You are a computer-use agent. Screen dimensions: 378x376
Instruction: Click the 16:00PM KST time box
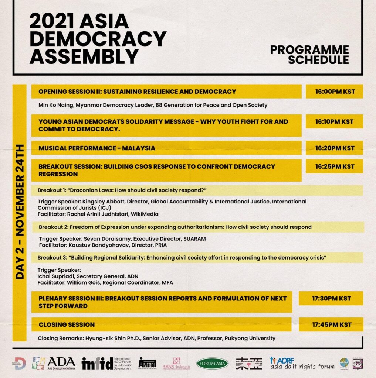(x=334, y=92)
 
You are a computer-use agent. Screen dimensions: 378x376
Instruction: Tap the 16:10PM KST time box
(x=334, y=121)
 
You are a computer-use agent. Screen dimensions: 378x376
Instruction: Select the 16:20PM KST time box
(x=334, y=148)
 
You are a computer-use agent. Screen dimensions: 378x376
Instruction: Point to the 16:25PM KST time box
(x=334, y=166)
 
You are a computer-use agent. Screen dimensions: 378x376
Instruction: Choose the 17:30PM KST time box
(x=331, y=298)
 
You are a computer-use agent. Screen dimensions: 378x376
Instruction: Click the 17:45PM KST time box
(x=331, y=324)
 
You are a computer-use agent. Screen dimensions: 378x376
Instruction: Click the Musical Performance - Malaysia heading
(x=96, y=148)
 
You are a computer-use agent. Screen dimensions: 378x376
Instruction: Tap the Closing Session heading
(x=67, y=324)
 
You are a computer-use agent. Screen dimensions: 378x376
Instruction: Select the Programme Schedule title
(x=309, y=55)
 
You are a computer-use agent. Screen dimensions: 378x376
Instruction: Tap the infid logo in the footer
(x=98, y=364)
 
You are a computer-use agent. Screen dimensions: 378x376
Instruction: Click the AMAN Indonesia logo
(x=176, y=364)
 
